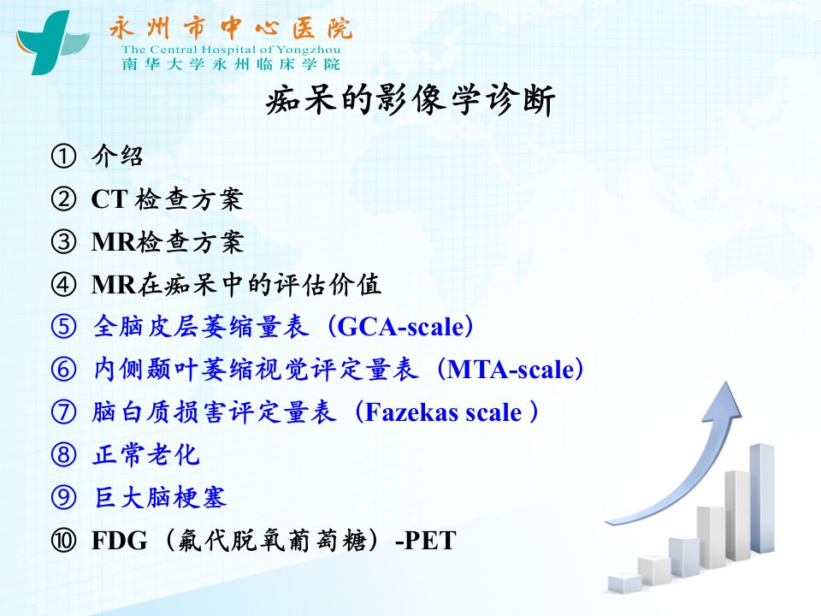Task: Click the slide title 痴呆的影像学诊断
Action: click(410, 100)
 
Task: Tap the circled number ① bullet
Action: click(63, 156)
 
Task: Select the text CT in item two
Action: click(109, 199)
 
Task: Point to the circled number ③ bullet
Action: click(63, 242)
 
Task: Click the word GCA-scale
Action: click(400, 327)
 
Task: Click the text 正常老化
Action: click(146, 454)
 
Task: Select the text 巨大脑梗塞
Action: click(160, 498)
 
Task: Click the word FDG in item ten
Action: click(120, 541)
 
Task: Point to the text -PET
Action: click(426, 541)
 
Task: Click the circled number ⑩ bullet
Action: click(63, 541)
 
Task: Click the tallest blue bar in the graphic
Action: click(762, 498)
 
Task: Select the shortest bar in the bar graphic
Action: click(625, 583)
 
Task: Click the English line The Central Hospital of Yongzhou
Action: click(231, 50)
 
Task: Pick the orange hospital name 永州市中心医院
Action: click(231, 28)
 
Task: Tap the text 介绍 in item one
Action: click(117, 156)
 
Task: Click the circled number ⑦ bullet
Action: click(63, 412)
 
